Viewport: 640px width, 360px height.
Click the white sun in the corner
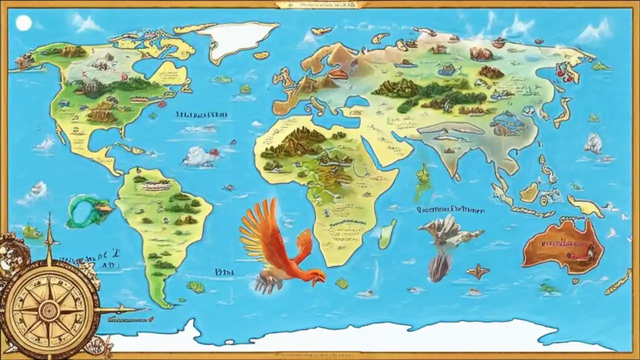(23, 23)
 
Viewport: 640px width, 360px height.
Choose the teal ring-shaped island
(85, 210)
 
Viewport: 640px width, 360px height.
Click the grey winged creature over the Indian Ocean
(445, 231)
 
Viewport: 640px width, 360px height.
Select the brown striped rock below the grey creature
(438, 266)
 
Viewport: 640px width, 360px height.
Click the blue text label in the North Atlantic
(202, 114)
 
